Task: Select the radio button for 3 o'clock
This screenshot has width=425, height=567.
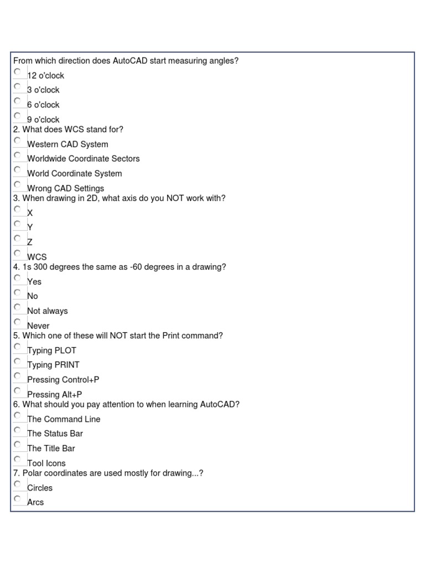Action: [18, 86]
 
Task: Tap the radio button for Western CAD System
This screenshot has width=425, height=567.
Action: [18, 141]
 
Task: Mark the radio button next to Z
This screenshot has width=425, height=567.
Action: [18, 239]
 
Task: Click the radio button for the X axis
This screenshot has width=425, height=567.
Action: [18, 209]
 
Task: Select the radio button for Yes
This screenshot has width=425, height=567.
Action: [18, 278]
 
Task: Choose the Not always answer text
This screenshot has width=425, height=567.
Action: [47, 311]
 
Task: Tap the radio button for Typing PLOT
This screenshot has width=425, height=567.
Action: [18, 347]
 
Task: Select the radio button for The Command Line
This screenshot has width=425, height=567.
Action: [18, 415]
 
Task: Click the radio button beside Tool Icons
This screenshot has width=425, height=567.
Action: [18, 460]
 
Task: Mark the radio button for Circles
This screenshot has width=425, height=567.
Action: [18, 484]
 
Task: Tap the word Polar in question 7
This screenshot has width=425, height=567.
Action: [32, 473]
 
